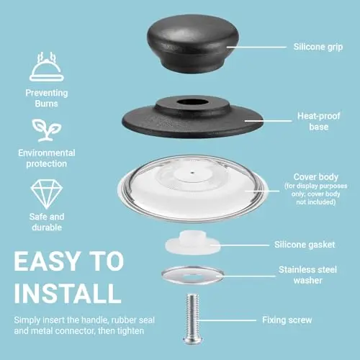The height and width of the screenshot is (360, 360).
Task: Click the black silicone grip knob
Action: (x=193, y=44)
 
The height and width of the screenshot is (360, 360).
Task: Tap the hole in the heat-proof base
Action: (x=193, y=102)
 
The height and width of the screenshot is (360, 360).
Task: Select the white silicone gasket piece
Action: (x=193, y=243)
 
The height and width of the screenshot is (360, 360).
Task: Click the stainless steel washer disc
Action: (x=193, y=275)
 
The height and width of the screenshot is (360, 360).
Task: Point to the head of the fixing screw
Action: (x=193, y=341)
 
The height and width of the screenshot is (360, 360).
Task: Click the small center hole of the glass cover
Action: (x=192, y=172)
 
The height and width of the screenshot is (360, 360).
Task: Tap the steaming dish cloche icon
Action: (x=47, y=67)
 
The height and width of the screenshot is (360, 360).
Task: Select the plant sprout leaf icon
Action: (x=47, y=130)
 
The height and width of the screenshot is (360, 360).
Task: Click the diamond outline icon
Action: (x=47, y=194)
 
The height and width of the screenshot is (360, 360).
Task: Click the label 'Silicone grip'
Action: (x=318, y=47)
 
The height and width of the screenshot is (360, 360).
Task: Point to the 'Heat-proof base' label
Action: (x=319, y=121)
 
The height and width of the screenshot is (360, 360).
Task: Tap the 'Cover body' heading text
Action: (x=316, y=177)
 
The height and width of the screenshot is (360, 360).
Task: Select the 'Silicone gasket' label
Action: (x=305, y=245)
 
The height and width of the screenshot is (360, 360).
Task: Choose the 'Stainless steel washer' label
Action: (x=308, y=275)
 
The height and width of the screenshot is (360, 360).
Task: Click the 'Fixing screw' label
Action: (x=287, y=320)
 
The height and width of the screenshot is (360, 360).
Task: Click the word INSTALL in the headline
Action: (x=68, y=294)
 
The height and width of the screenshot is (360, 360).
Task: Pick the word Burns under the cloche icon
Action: (x=46, y=104)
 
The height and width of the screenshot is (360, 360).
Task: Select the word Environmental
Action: (x=47, y=153)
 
